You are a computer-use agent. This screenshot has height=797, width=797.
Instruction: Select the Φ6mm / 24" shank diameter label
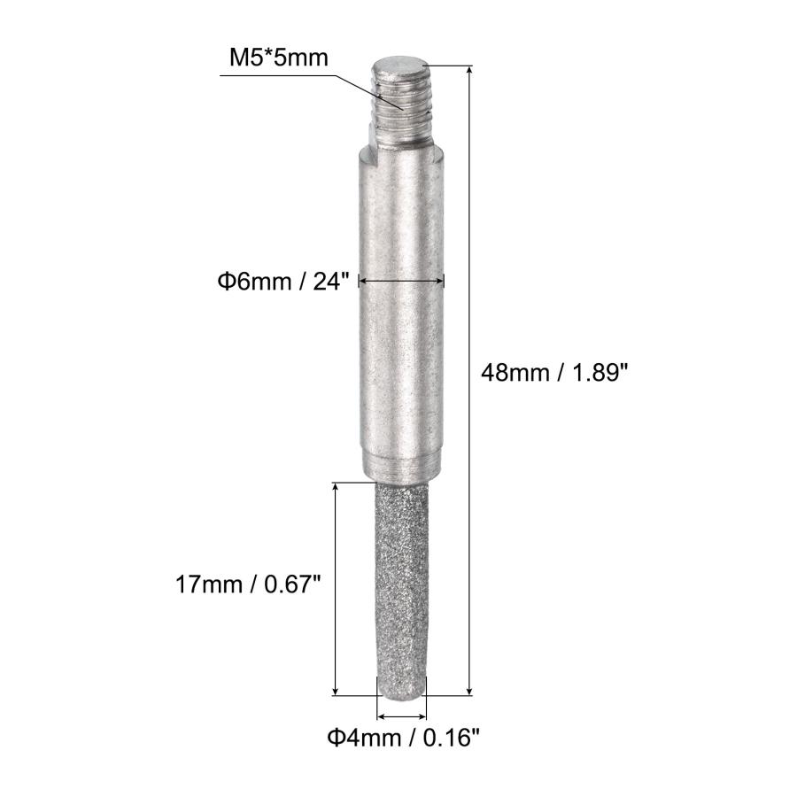point(284,281)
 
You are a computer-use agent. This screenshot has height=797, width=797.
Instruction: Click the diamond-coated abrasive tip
point(402,584)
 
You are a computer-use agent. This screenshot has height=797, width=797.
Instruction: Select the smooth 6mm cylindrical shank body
point(402,310)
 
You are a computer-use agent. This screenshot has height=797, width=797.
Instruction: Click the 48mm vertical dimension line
point(468,381)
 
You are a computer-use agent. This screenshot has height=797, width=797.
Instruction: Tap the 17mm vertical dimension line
point(336,589)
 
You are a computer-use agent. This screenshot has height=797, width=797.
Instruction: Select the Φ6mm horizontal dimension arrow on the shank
point(402,281)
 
